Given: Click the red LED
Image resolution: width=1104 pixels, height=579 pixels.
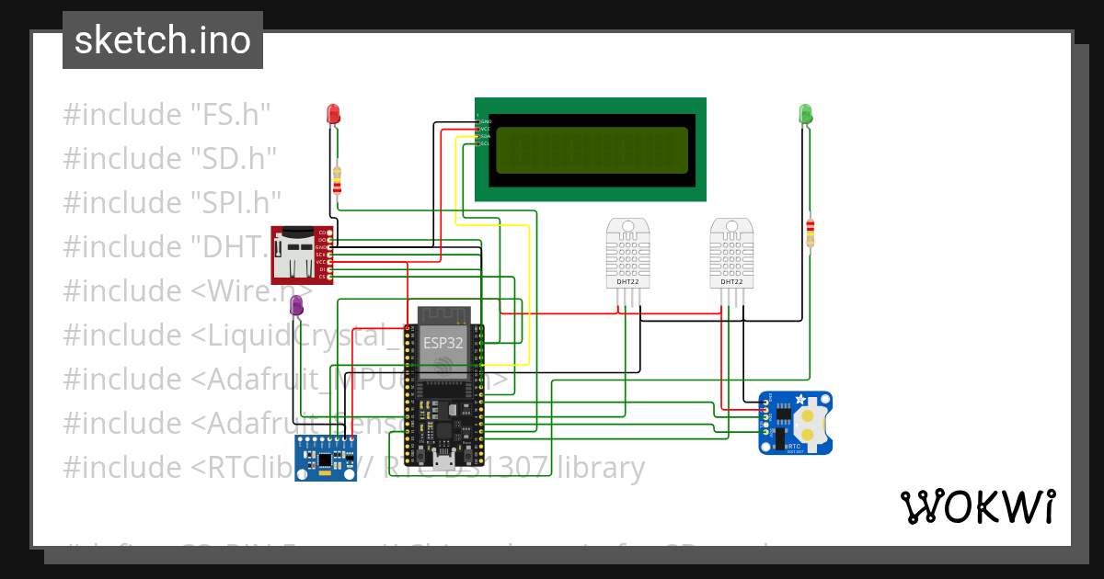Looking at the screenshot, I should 334,114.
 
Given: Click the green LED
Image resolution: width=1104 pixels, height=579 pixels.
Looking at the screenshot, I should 805,114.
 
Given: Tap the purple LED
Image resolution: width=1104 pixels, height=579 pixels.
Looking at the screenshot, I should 297,306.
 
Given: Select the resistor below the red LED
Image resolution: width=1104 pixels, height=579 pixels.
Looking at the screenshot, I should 338,182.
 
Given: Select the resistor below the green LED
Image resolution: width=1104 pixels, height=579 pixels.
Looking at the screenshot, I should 810,232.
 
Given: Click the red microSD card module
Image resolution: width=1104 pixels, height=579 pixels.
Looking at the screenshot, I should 297,255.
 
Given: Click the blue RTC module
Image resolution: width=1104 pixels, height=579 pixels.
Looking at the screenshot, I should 795,423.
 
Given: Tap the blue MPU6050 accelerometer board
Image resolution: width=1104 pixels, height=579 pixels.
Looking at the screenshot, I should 325,458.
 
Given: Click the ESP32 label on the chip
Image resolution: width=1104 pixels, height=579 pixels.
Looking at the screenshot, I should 443,342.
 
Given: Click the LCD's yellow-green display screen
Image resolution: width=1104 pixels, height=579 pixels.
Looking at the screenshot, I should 592,151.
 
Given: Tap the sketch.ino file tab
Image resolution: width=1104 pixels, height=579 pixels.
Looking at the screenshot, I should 163,40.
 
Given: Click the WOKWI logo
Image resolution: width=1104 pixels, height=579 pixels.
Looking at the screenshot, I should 977,506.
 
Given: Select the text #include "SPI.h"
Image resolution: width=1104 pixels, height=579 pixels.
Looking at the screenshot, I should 172,202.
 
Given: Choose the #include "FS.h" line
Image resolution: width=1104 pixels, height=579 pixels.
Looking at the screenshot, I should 167,115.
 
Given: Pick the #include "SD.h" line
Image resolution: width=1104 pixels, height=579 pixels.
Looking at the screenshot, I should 169,158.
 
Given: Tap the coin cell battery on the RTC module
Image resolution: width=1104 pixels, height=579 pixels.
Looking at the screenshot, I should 809,424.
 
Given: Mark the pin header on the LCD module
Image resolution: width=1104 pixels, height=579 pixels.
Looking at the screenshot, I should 478,132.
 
